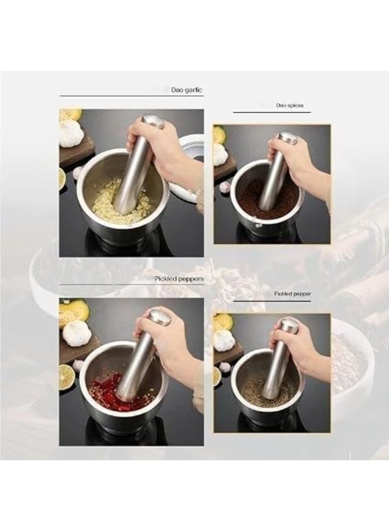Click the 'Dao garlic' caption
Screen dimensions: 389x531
click(x=186, y=90)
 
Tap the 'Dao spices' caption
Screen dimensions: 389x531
click(x=289, y=106)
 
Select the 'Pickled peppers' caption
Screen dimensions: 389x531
click(x=179, y=278)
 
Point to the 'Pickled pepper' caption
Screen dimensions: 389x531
click(x=292, y=294)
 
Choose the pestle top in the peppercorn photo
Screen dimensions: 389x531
click(x=288, y=326)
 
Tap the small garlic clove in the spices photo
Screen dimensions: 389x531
click(x=225, y=186)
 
